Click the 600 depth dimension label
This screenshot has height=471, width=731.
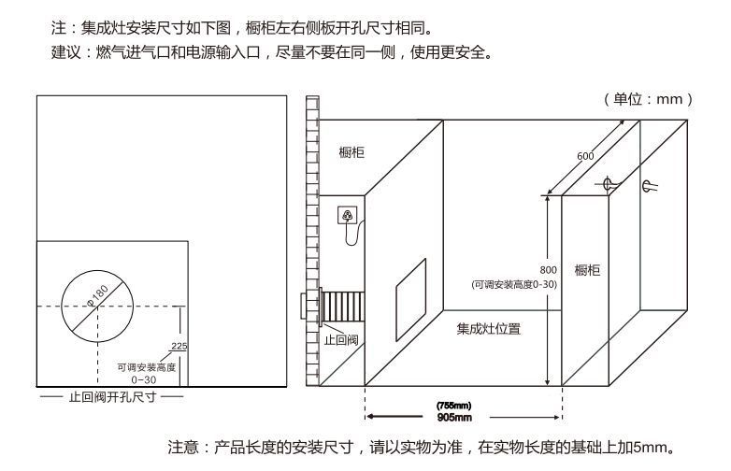pyautogui.click(x=586, y=156)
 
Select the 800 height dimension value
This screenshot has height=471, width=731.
pyautogui.click(x=549, y=270)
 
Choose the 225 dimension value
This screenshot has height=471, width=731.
pyautogui.click(x=180, y=347)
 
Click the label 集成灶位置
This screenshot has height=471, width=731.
pyautogui.click(x=489, y=329)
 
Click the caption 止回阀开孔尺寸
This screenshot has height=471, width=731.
pyautogui.click(x=111, y=397)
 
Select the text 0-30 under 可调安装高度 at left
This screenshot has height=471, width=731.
pyautogui.click(x=143, y=380)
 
